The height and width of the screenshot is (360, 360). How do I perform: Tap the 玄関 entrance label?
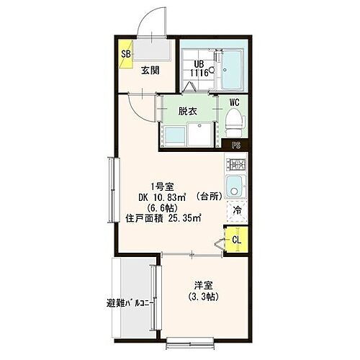click(x=150, y=70)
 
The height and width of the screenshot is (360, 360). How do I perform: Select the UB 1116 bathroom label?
click(x=199, y=68)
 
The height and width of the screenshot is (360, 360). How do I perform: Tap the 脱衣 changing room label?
click(x=189, y=111)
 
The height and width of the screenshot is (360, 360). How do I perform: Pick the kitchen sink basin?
click(x=235, y=191)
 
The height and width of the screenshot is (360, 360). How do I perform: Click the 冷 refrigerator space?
click(x=235, y=212)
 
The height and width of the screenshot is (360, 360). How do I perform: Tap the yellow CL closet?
click(x=235, y=238)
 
